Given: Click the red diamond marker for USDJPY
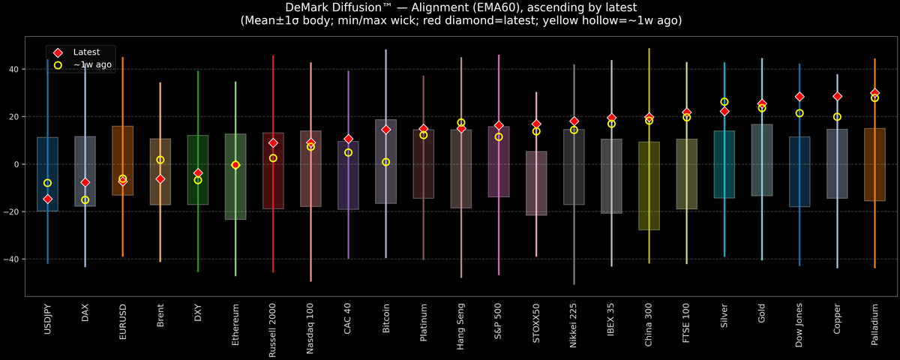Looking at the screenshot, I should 48,199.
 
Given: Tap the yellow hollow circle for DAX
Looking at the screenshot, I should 85,200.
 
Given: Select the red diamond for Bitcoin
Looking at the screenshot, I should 386,130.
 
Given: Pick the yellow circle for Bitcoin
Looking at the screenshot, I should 386,162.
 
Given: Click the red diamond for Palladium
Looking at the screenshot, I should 874,93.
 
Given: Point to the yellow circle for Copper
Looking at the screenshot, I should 837,117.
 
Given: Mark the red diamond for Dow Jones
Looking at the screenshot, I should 799,97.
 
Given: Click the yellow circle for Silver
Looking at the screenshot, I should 724,102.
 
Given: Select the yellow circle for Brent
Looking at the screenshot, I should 160,160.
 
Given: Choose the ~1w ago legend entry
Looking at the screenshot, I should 92,65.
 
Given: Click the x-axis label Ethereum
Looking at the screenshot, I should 235,325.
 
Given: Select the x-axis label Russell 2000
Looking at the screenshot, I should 273,331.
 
